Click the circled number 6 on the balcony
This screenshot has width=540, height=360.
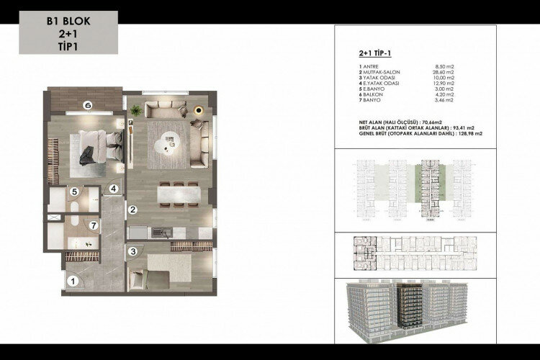tap(87, 104)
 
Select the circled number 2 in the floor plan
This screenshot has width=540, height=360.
tap(132, 211)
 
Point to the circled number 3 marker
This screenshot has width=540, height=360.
tap(133, 251)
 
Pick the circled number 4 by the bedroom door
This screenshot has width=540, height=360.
tap(113, 189)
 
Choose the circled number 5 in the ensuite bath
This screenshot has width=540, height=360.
tap(74, 192)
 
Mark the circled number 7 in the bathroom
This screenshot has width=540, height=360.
tap(93, 224)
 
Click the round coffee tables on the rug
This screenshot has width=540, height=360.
tap(166, 140)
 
